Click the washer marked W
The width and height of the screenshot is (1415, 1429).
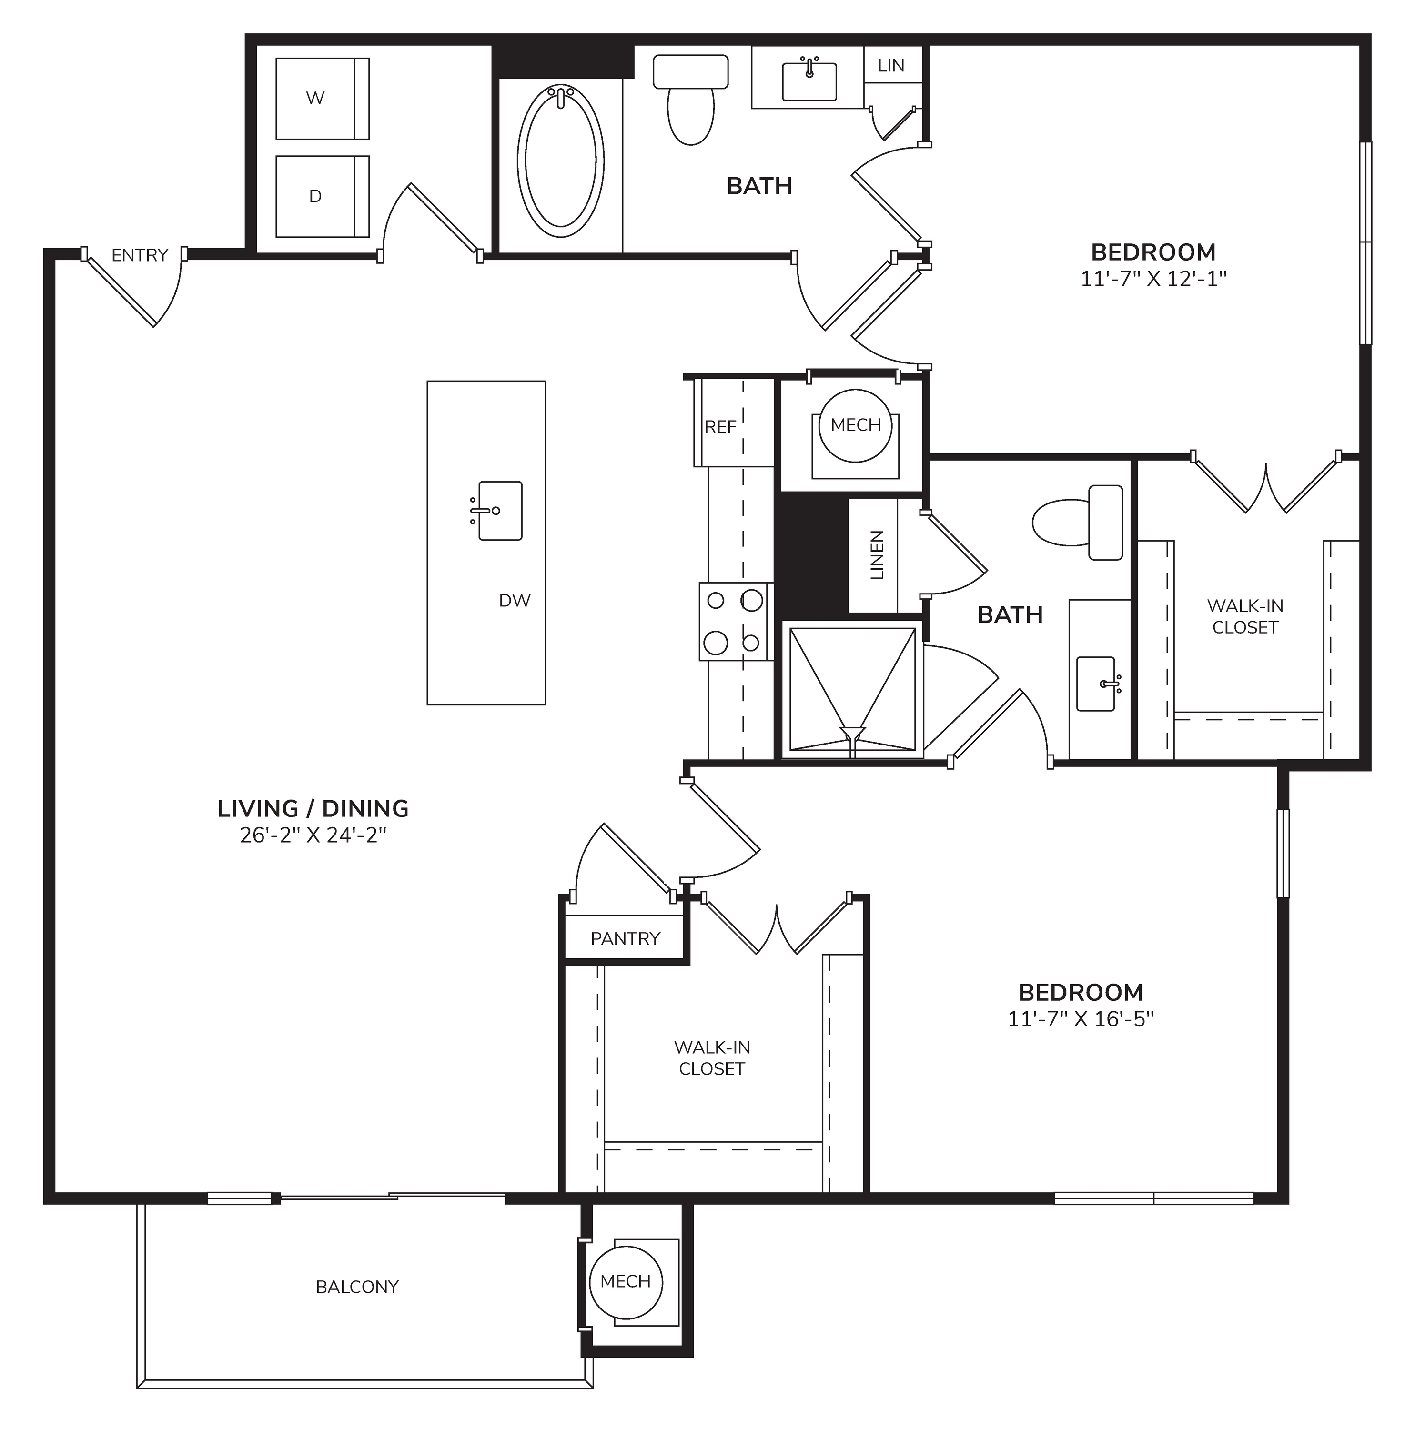pos(323,99)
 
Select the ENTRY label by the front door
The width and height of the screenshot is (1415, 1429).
pos(140,255)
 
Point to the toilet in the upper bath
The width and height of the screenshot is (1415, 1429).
pos(691,100)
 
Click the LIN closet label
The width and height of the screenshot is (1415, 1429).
pos(891,66)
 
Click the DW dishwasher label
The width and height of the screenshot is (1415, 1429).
pos(515,601)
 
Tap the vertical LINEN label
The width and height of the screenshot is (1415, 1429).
pos(877,555)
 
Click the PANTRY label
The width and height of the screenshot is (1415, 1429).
pos(625,938)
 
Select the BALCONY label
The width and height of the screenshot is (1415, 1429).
pos(357,1287)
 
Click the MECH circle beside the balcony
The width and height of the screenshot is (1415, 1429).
pos(626,1282)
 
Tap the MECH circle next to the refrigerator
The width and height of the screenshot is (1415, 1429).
pos(856,425)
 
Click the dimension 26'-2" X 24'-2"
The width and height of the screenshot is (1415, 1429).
pos(313,835)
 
